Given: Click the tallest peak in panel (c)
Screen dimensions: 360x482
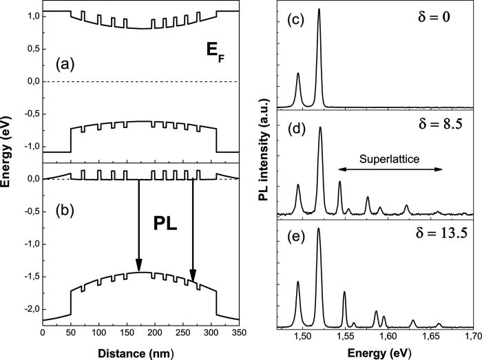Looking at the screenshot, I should [319, 10].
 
